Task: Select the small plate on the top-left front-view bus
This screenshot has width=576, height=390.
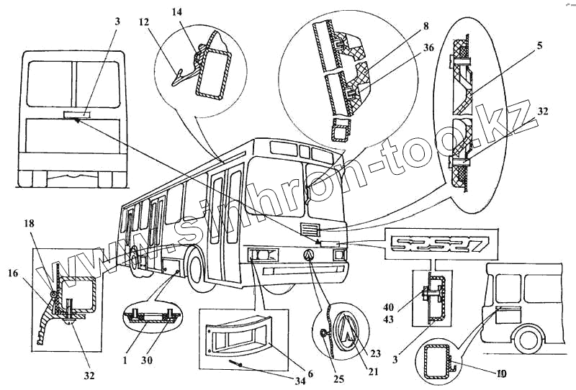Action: coord(75,114)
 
